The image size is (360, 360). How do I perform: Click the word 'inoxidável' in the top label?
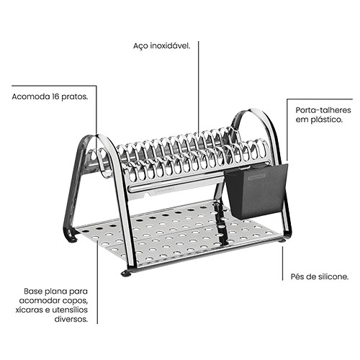pyautogui.click(x=170, y=46)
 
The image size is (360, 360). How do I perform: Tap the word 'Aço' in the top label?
pyautogui.click(x=140, y=46)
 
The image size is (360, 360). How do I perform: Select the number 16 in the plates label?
pyautogui.click(x=55, y=96)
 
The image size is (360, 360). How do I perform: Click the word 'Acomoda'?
pyautogui.click(x=30, y=96)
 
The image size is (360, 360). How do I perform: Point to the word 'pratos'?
pyautogui.click(x=75, y=97)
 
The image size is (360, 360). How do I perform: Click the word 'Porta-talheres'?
pyautogui.click(x=323, y=110)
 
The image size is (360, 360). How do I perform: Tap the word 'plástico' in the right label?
pyautogui.click(x=326, y=120)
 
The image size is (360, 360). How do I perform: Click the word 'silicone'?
pyautogui.click(x=333, y=276)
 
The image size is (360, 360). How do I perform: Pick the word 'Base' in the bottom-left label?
pyautogui.click(x=32, y=292)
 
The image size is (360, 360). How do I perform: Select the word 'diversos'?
pyautogui.click(x=71, y=319)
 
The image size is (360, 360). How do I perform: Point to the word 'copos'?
pyautogui.click(x=75, y=301)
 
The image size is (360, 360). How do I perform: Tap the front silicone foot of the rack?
pyautogui.click(x=126, y=274)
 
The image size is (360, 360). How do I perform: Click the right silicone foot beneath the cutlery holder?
pyautogui.click(x=282, y=240)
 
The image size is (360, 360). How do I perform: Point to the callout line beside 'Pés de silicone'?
pyautogui.click(x=282, y=264)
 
